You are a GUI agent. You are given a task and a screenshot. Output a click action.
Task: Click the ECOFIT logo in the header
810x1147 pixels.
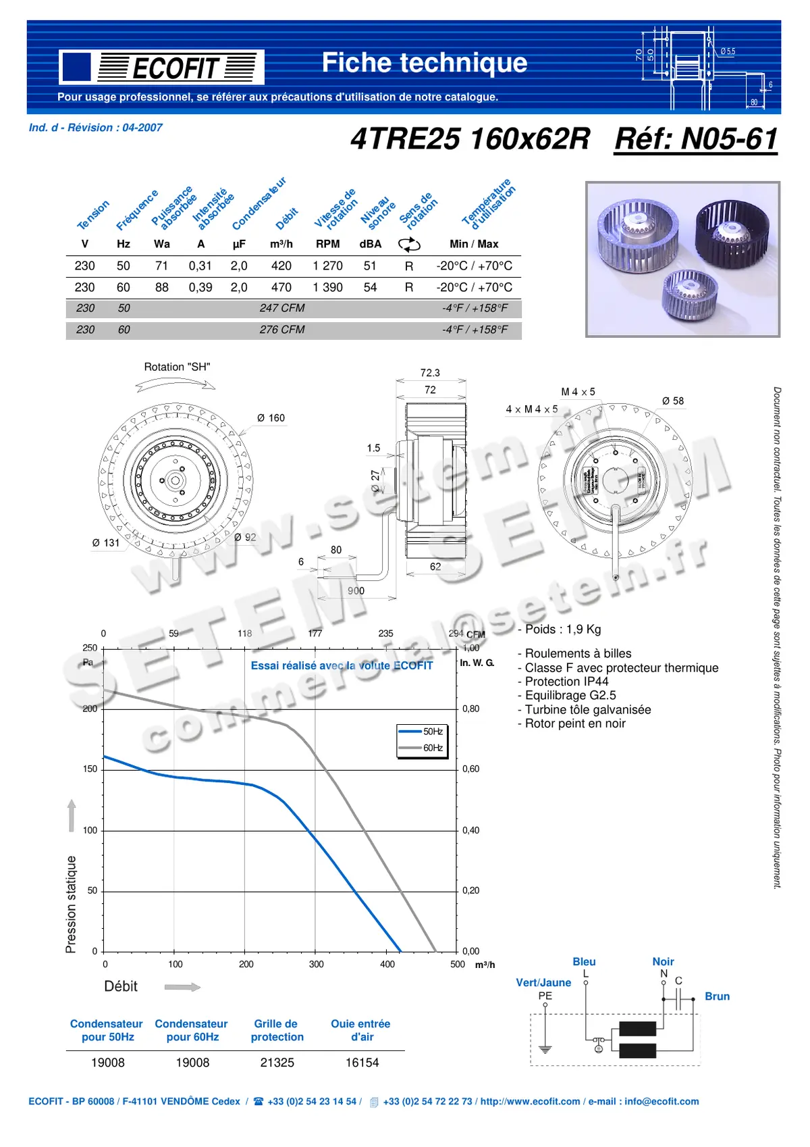[x=161, y=67]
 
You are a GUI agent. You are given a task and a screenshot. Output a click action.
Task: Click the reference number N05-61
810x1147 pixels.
[x=695, y=139]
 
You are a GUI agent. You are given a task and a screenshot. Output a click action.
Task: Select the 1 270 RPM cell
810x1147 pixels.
[x=327, y=266]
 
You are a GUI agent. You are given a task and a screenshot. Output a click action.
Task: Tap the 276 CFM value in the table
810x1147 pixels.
[x=282, y=330]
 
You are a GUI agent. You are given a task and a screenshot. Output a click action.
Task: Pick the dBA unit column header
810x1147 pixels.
[x=370, y=244]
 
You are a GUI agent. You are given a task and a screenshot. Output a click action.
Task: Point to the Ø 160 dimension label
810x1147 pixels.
[x=271, y=418]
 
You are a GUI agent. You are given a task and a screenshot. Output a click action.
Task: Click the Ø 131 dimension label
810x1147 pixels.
[x=106, y=542]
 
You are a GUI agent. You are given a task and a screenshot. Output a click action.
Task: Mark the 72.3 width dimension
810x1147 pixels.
[x=430, y=373]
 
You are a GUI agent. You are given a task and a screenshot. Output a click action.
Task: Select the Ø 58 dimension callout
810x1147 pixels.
[x=672, y=401]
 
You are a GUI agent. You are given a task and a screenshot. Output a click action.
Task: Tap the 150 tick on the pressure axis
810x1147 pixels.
[x=90, y=769]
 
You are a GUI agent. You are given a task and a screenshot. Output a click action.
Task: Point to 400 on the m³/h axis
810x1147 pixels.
[x=387, y=965]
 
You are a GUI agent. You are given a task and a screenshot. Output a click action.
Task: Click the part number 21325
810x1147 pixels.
[x=277, y=1063]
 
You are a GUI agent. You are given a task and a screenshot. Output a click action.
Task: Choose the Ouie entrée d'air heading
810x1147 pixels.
[x=361, y=1030]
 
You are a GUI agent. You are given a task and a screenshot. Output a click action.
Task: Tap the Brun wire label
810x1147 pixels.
[x=717, y=996]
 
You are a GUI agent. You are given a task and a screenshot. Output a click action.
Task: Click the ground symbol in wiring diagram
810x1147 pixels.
[x=545, y=1049]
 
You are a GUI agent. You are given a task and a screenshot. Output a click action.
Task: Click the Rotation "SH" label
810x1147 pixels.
[x=177, y=367]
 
